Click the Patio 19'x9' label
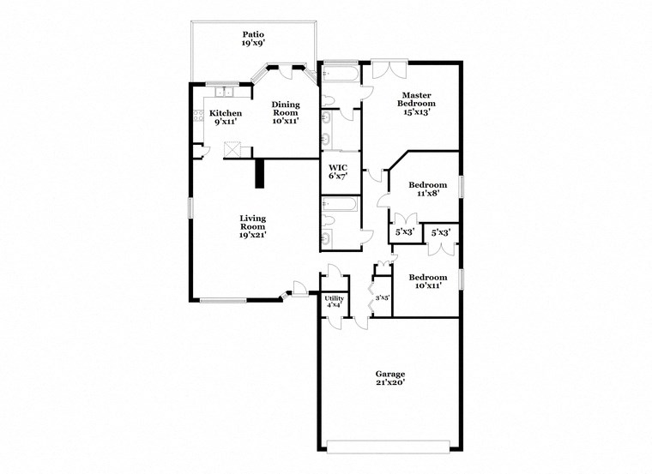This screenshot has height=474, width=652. click(253, 39)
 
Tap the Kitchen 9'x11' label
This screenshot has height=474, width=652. click(226, 117)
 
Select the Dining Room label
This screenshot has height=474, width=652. click(286, 112)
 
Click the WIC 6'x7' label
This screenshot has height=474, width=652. click(337, 171)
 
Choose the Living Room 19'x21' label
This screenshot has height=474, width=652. click(252, 226)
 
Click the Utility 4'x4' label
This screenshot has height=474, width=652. click(335, 302)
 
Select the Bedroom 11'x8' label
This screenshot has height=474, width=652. click(427, 190)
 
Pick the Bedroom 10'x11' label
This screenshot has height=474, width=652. click(427, 282)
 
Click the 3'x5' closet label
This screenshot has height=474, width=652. click(383, 297)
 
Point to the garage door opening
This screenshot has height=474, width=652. click(388, 446)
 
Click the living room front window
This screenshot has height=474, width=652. click(222, 300)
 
